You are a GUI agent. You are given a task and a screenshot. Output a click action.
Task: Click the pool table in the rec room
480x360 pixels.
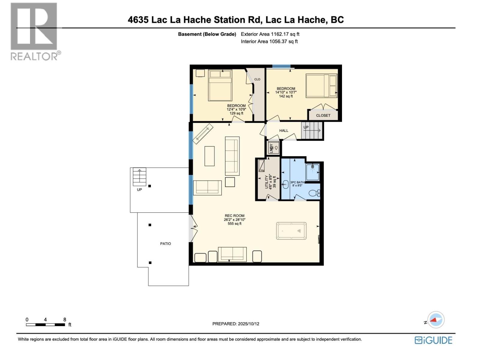pyautogui.click(x=291, y=231)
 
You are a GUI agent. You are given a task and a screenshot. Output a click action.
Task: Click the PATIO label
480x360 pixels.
pyautogui.click(x=165, y=244)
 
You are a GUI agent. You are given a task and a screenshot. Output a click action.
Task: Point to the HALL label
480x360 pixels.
pyautogui.click(x=283, y=130)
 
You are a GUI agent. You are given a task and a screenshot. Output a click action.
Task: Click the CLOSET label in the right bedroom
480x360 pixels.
pyautogui.click(x=323, y=115)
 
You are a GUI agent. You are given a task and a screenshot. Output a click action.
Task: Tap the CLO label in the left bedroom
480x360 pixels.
pyautogui.click(x=257, y=79)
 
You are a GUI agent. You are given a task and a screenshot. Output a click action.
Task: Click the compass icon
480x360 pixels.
pyautogui.click(x=435, y=320)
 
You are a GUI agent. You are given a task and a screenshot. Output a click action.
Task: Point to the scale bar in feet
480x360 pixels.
pyautogui.click(x=46, y=325)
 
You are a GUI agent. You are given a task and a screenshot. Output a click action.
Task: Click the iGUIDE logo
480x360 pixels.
pyautogui.click(x=433, y=340)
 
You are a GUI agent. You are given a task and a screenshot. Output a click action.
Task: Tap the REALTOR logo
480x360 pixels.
pyautogui.click(x=34, y=31)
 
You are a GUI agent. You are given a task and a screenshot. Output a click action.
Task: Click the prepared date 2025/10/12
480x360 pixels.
pyautogui.click(x=235, y=324)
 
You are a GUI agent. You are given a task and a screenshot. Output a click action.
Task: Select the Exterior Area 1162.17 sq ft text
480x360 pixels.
pyautogui.click(x=270, y=34)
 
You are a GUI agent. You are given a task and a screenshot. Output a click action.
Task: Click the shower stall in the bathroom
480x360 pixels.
pyautogui.click(x=313, y=172)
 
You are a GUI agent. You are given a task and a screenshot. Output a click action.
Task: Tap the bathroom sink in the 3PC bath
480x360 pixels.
pyautogui.click(x=285, y=184)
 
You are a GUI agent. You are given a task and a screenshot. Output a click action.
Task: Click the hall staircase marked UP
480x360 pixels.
pyautogui.click(x=312, y=131)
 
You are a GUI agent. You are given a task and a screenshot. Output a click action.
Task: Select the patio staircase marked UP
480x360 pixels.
pyautogui.click(x=139, y=177)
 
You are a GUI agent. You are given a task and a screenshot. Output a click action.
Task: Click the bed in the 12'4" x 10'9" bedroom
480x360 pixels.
pyautogui.click(x=220, y=85)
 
